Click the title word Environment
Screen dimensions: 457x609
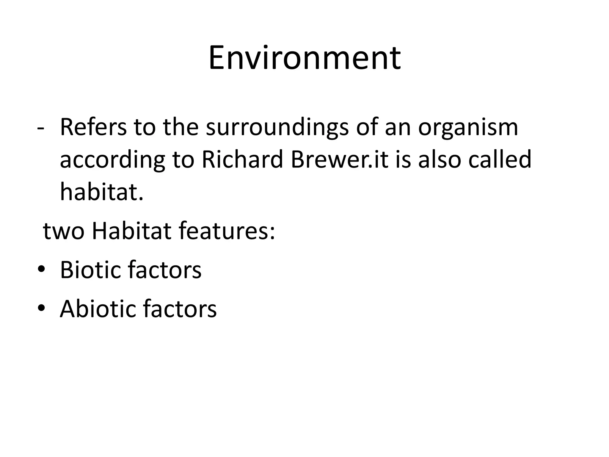pyautogui.click(x=304, y=58)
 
